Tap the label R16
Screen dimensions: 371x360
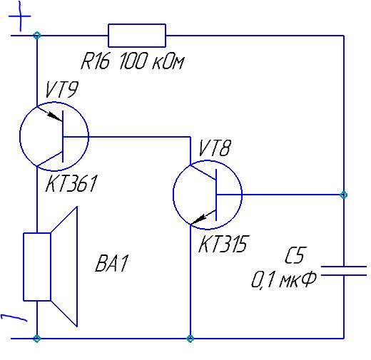point(96,61)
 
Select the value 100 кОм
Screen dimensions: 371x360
point(152,61)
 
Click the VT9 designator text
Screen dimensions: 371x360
point(61,90)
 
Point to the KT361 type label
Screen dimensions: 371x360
point(71,183)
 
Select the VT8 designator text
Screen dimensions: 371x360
point(215,148)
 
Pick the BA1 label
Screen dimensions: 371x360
point(112,263)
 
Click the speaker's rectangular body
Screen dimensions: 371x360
point(37,267)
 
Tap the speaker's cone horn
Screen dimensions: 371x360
point(64,267)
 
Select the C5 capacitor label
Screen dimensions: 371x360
point(295,255)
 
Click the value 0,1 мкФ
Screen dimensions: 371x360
point(284,280)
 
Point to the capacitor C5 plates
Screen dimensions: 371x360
point(344,271)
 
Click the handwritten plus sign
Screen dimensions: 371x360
point(20,16)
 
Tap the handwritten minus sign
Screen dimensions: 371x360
point(14,317)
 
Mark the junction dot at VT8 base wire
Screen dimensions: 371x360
point(344,195)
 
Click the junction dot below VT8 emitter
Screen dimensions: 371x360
point(190,339)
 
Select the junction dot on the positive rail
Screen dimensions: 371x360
point(37,36)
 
